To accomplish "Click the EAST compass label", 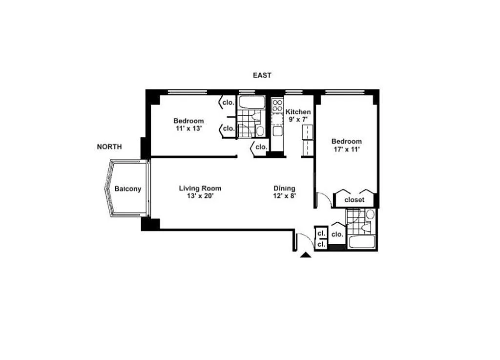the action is (262, 75).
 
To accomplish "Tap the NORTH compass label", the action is (109, 147).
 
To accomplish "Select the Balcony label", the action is (127, 189).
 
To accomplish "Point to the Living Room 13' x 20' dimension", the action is (200, 196).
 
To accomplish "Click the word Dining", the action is (285, 189).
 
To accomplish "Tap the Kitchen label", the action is (298, 112).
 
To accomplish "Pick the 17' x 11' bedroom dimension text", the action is (347, 149).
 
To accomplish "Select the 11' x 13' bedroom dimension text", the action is (189, 128).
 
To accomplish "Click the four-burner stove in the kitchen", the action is (277, 105).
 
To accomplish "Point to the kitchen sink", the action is (277, 131).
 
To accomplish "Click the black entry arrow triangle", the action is (306, 255).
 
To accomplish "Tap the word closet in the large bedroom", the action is (354, 200).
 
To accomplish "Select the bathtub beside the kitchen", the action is (252, 103).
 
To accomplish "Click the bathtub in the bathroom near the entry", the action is (362, 242).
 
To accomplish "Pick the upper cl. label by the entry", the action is (321, 233).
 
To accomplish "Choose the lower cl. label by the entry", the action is (321, 245).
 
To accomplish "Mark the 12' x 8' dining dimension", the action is (285, 196).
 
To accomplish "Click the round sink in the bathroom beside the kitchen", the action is (261, 131).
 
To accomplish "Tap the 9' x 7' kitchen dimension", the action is (298, 120).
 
